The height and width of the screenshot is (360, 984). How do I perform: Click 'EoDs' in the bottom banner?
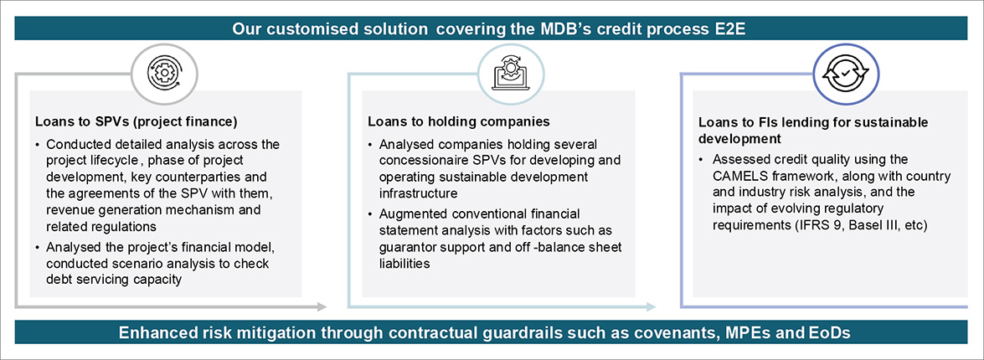click(832, 332)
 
